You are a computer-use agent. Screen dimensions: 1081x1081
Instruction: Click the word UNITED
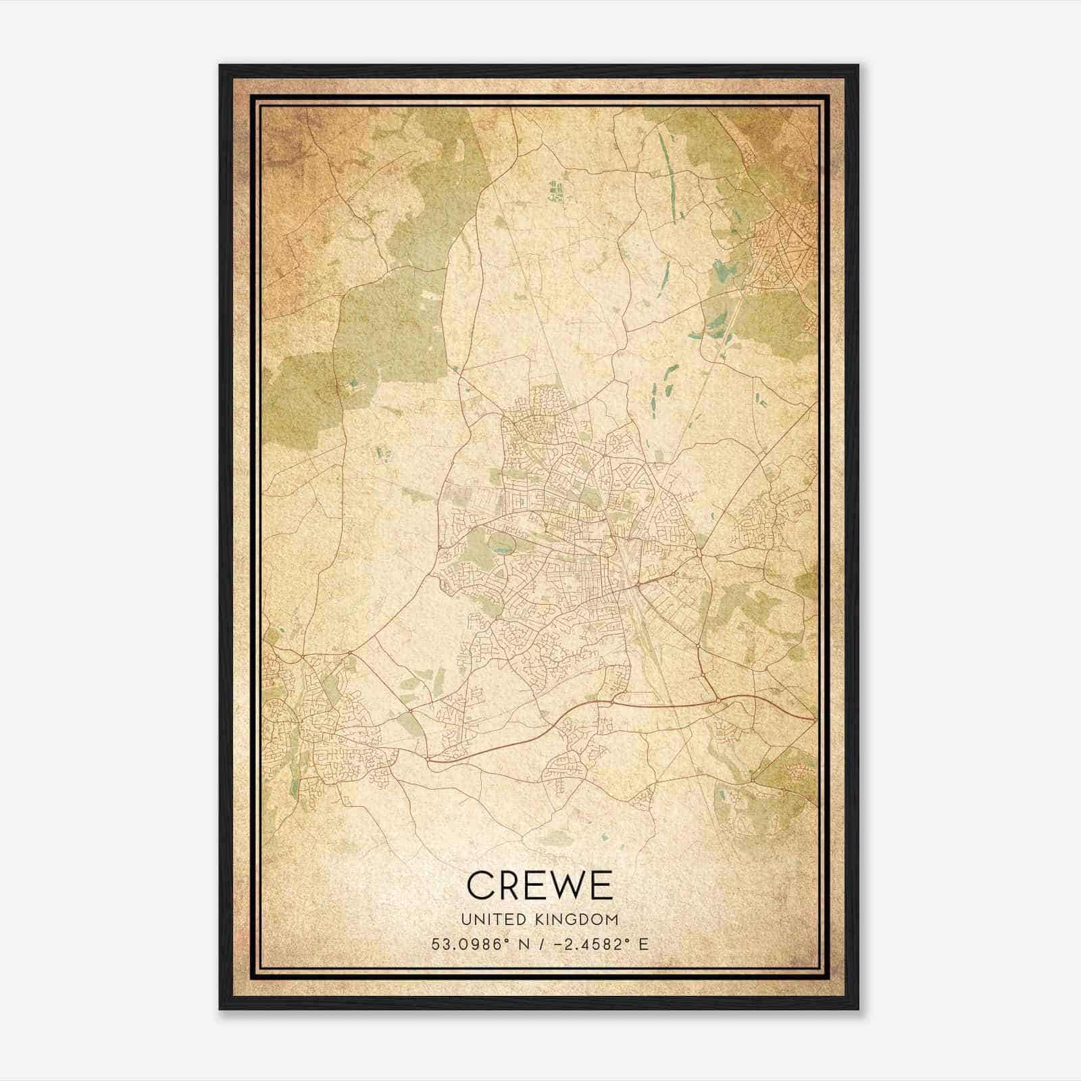(489, 919)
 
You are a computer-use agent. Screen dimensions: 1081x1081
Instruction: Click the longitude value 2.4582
(590, 945)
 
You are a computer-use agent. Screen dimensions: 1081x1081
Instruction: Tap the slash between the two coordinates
(541, 945)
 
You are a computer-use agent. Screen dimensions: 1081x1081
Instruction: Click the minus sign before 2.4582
(558, 945)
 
